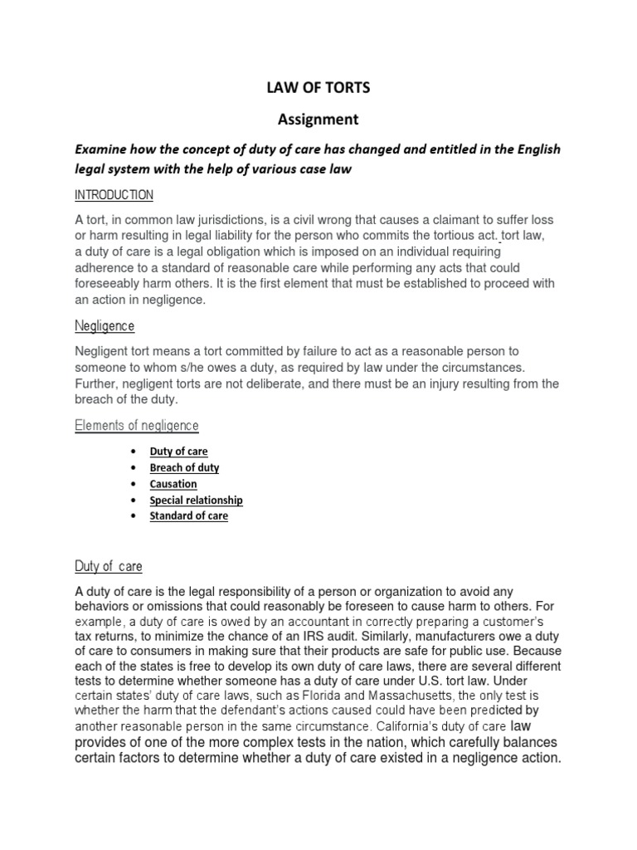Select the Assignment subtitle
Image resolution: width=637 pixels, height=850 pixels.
pos(318,119)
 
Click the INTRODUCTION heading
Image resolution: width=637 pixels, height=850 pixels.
pos(114,195)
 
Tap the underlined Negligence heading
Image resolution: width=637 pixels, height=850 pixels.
pos(105,326)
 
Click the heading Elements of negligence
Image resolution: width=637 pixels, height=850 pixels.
pos(137,426)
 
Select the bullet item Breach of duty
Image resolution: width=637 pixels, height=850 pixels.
pos(184,467)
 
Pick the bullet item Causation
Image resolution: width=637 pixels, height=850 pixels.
pos(173,484)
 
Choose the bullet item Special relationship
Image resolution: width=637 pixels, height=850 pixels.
pos(196,501)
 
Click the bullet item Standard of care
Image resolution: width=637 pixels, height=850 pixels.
pos(188,516)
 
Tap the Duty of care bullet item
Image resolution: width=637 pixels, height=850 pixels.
pos(178,452)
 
